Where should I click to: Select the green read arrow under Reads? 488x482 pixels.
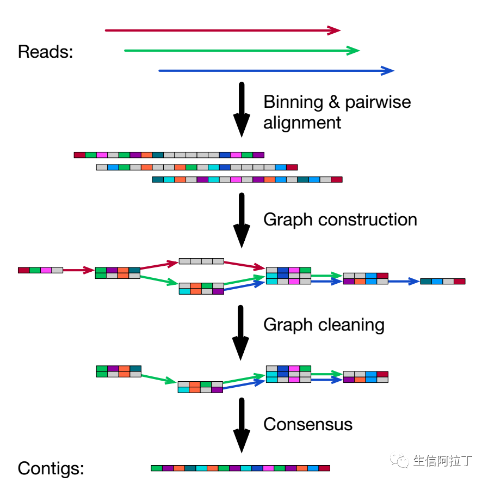pos(242,51)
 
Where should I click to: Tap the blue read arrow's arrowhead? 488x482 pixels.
pos(387,71)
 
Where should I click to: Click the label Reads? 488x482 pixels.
pos(45,52)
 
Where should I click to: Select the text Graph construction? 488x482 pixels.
pos(340,219)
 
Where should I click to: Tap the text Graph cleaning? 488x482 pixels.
pos(324,325)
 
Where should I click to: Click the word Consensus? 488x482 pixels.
pos(308,424)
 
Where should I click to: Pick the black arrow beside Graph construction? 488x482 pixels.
pos(242,221)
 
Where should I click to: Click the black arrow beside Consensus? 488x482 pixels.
pos(242,425)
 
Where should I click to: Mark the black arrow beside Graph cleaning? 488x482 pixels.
pos(242,332)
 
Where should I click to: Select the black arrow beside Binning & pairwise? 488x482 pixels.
pos(242,109)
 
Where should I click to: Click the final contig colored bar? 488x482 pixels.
pos(240,468)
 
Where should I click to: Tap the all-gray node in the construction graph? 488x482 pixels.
pos(201,261)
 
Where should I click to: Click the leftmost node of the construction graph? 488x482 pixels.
pos(40,270)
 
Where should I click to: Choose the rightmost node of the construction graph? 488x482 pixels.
pos(443,282)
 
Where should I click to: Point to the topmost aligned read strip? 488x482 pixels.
pos(169,155)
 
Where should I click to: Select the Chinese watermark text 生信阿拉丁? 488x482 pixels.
pos(442,461)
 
